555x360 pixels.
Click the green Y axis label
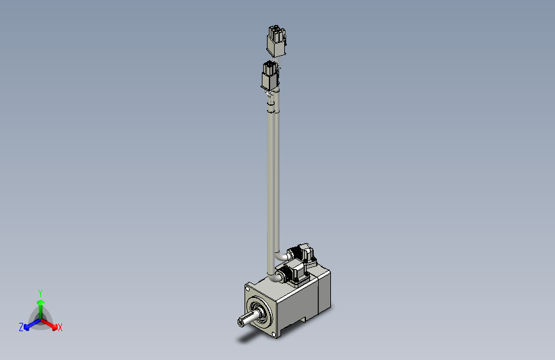pyautogui.click(x=40, y=291)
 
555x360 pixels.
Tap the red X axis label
pyautogui.click(x=60, y=328)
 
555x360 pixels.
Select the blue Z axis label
pyautogui.click(x=21, y=327)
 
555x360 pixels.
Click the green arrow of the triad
pyautogui.click(x=40, y=304)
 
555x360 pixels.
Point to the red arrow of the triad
pyautogui.click(x=51, y=323)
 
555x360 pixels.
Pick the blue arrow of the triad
pyautogui.click(x=29, y=325)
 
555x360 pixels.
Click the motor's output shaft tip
pyautogui.click(x=240, y=322)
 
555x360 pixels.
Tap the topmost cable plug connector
pyautogui.click(x=276, y=42)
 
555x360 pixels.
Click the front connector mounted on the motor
pyautogui.click(x=296, y=272)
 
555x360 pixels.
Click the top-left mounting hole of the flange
pyautogui.click(x=248, y=290)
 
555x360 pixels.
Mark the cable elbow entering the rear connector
pyautogui.click(x=282, y=256)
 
